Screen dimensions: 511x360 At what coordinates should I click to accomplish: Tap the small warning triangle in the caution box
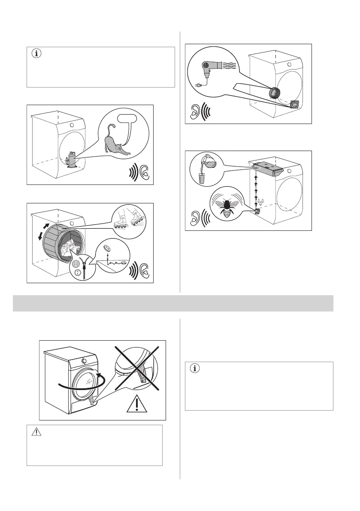tap(37, 432)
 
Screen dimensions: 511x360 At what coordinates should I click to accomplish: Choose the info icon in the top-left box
tap(37, 54)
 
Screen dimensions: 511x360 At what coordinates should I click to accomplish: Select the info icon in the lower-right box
tap(195, 369)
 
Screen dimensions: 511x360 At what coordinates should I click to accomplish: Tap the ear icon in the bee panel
tap(194, 218)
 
